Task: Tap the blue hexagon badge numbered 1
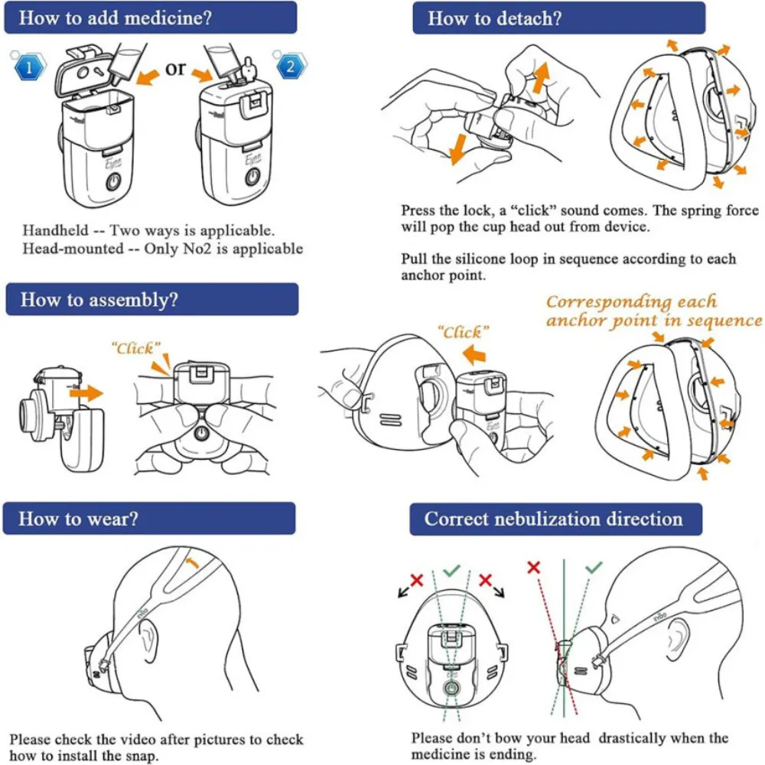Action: point(28,67)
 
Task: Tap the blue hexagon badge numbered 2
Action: point(290,67)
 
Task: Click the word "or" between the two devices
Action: point(175,67)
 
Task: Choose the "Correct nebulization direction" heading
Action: point(554,519)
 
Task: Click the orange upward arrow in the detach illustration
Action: point(541,77)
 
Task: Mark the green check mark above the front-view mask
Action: point(451,570)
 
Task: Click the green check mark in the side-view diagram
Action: point(594,568)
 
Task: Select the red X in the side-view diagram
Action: point(534,567)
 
